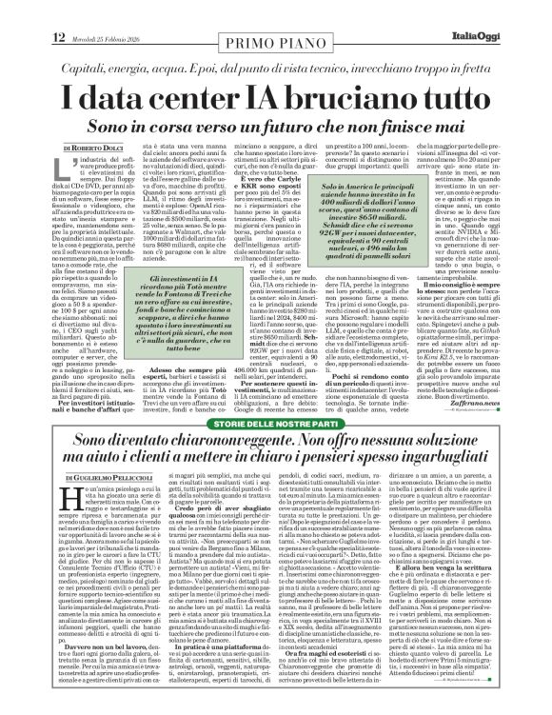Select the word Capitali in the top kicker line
click(64, 45)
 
